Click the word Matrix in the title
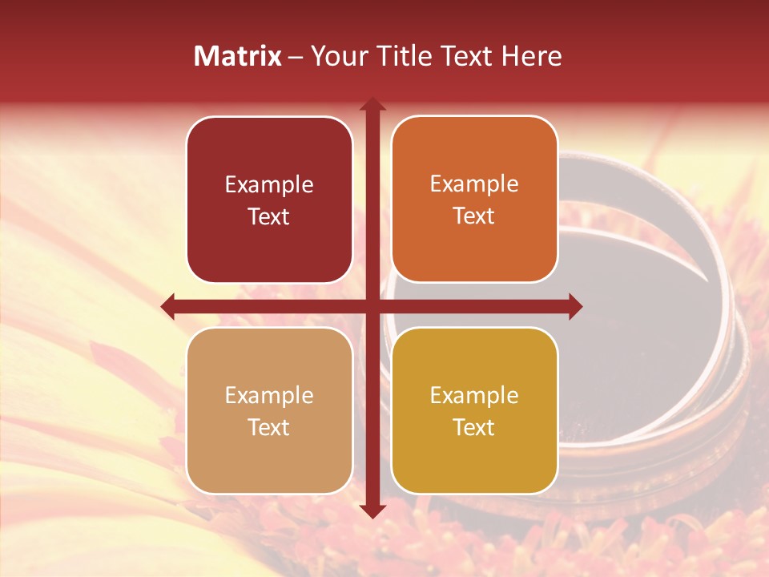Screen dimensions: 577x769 [238, 56]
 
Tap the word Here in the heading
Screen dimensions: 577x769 [532, 56]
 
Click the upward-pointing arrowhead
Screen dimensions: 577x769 [372, 103]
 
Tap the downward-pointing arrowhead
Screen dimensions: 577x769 [372, 510]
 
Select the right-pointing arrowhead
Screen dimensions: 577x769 [575, 306]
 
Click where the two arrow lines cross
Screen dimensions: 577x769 [372, 306]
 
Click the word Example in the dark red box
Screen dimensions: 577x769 [269, 185]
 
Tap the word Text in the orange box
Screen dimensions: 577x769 [474, 216]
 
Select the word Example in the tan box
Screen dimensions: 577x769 [269, 396]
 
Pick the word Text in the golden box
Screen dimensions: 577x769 [474, 427]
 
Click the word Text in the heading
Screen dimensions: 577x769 [465, 56]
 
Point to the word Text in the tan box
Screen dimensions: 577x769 [269, 427]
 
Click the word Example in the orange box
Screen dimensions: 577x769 [474, 184]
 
